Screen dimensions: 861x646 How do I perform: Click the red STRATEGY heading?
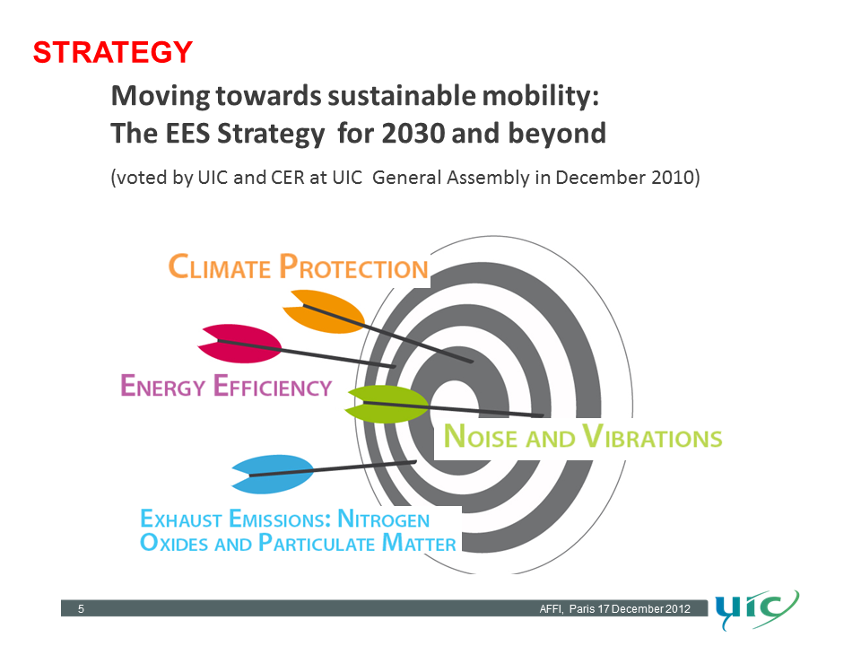click(x=113, y=53)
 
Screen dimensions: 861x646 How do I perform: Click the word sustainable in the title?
click(x=402, y=96)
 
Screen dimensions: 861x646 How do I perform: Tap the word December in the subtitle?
click(x=599, y=178)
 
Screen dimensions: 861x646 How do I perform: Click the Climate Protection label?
click(x=298, y=266)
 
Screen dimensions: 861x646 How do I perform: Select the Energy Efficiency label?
click(x=226, y=386)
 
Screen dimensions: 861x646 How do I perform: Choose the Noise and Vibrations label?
click(x=583, y=436)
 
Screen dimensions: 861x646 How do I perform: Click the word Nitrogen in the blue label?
click(x=383, y=519)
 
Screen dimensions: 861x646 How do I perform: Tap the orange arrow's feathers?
click(x=324, y=311)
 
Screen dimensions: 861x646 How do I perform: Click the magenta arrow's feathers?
click(x=240, y=344)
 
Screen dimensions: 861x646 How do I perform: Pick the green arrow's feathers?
click(x=386, y=404)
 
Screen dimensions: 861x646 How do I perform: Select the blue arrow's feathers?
click(x=273, y=474)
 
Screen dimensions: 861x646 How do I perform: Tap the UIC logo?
click(x=757, y=608)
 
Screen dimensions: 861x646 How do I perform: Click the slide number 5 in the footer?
click(x=82, y=608)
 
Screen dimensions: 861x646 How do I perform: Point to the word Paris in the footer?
click(x=582, y=608)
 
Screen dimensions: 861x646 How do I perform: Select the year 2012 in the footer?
click(x=678, y=608)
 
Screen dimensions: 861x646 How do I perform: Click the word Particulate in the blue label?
click(x=317, y=543)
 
